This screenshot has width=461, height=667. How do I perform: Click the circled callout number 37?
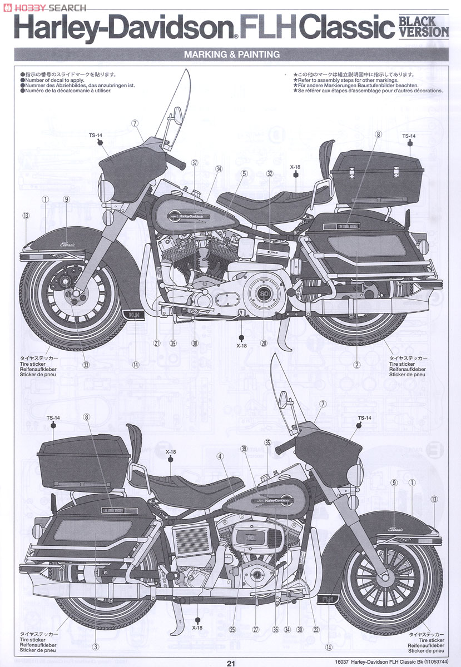point(195,163)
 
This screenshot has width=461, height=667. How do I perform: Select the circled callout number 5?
point(244,173)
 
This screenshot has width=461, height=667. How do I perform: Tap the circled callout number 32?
point(270,173)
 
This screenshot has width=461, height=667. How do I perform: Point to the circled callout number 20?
point(264,343)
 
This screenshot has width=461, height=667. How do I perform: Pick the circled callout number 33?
point(86,365)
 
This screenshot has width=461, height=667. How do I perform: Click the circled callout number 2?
point(356,365)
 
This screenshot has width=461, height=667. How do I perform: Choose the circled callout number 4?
point(220,456)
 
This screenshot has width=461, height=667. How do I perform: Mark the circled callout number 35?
point(267,442)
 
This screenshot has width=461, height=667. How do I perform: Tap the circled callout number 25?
point(232,630)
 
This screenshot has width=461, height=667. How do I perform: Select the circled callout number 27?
point(256,630)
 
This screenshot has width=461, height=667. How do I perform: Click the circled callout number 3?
point(95,646)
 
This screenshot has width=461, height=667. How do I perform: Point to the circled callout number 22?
point(316,630)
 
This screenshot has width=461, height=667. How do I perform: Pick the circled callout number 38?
point(195,343)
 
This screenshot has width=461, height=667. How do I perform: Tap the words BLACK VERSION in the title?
point(424,26)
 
